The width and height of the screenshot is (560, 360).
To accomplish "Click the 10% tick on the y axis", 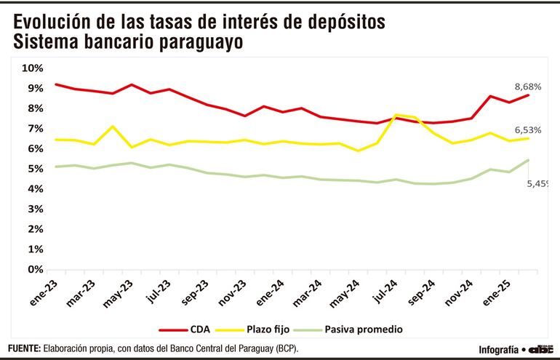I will tap(33, 68).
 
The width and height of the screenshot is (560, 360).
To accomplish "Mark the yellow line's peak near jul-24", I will tap(396, 115).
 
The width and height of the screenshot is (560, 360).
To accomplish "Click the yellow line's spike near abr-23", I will tap(112, 127).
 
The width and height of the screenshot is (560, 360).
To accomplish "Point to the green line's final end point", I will tap(527, 160).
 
